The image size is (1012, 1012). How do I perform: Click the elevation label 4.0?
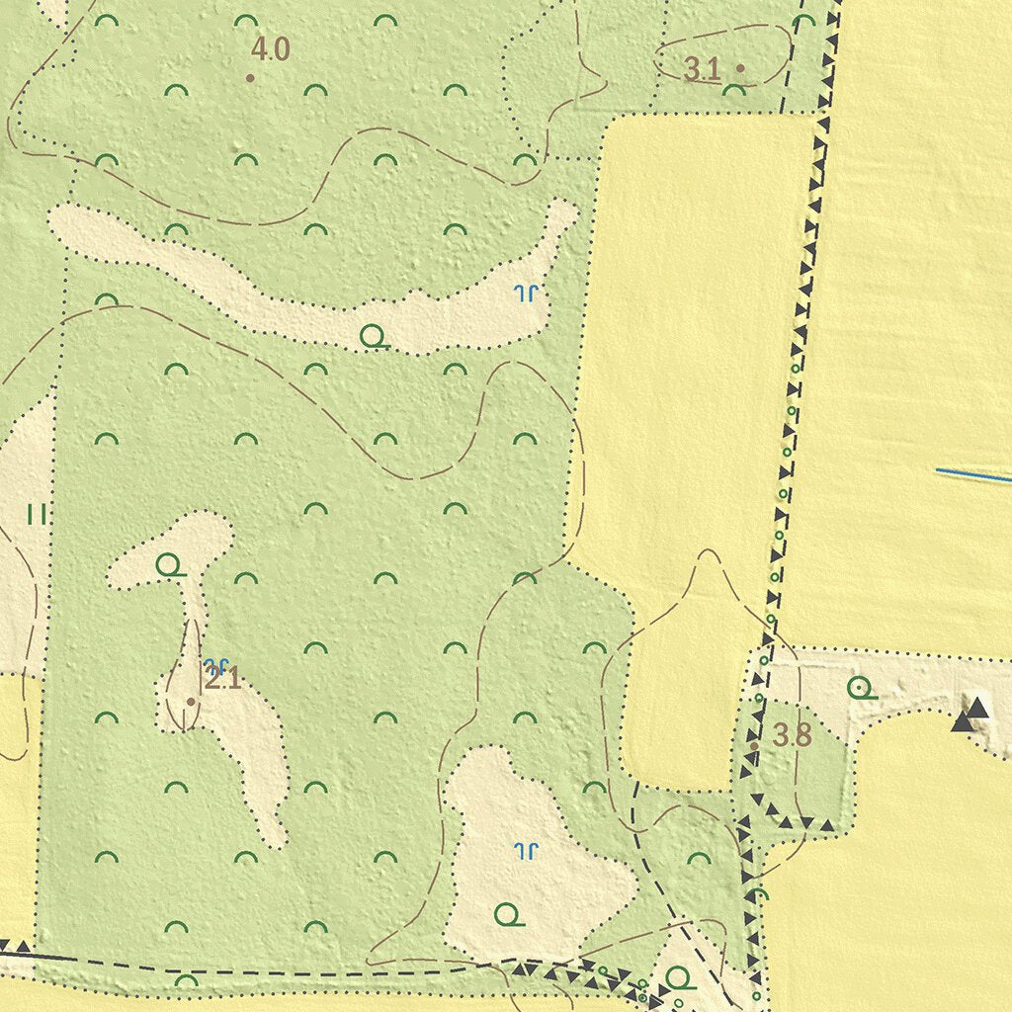270,48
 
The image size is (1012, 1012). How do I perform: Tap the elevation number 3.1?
703,68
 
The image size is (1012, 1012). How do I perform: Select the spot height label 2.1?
222,679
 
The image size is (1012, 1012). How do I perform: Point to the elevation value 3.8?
792,735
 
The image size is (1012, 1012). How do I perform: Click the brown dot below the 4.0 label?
250,77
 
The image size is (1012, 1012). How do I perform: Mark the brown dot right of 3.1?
740,68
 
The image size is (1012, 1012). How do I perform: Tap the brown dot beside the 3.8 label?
753,746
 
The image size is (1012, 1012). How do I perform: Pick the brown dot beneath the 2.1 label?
191,701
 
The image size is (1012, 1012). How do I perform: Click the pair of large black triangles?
970,715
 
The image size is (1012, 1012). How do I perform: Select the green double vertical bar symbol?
37,514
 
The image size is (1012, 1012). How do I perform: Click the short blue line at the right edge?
973,476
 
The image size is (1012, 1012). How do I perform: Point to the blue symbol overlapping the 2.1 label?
215,665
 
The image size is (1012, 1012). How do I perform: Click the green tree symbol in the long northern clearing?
373,337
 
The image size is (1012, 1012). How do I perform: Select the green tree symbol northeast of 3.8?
861,688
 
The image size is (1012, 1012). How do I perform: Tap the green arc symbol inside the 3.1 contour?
733,90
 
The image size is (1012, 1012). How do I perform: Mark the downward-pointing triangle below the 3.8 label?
807,822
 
